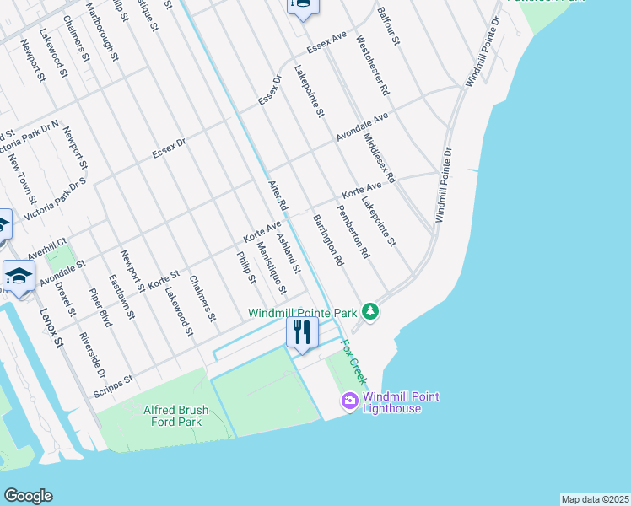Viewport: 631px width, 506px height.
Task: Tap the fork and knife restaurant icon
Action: pos(301,331)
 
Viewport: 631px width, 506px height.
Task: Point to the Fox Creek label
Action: pos(353,362)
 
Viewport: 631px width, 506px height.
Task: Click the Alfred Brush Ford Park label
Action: pos(175,417)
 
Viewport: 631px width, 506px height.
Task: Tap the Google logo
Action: pos(28,496)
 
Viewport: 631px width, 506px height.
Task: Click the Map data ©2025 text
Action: pos(595,499)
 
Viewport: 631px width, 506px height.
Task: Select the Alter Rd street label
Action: pos(278,196)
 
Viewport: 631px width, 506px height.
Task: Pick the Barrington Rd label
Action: pos(328,240)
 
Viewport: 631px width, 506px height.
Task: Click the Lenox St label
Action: pos(51,327)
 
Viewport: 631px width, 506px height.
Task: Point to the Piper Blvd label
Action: pos(100,309)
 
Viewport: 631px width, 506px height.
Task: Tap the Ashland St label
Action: pos(289,254)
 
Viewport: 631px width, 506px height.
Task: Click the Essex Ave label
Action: pos(327,44)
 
